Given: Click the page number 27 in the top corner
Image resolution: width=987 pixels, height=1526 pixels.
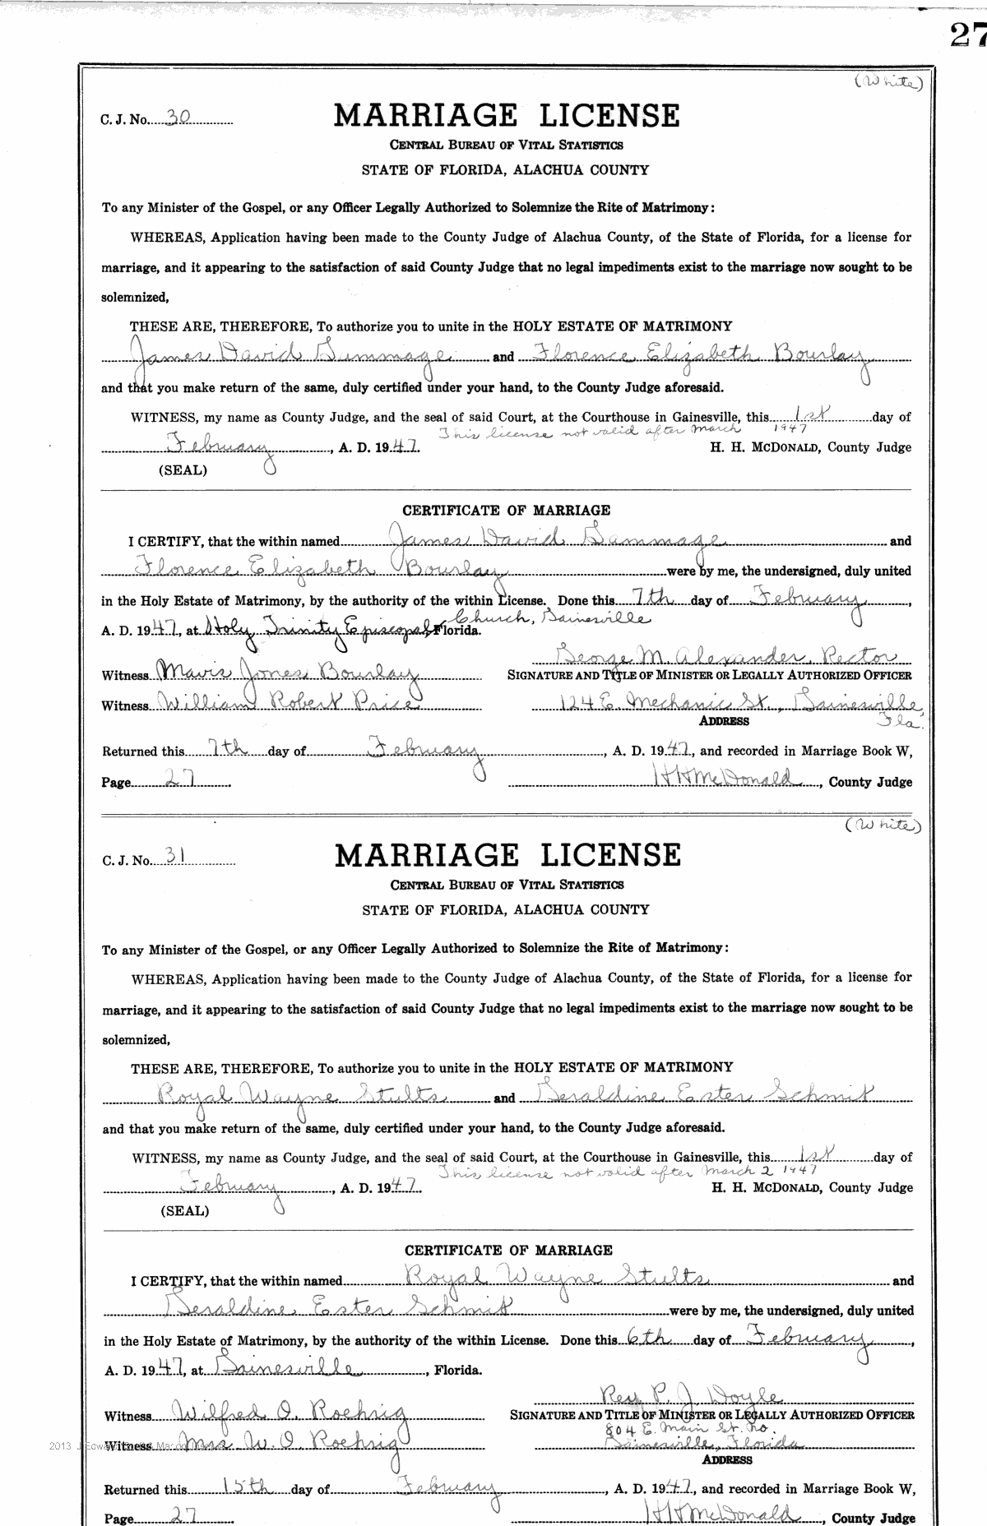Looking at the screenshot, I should point(967,35).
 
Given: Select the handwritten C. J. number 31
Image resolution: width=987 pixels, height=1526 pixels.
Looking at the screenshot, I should point(174,856).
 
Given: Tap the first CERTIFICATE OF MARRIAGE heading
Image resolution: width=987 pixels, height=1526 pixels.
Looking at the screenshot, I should point(507,511).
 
